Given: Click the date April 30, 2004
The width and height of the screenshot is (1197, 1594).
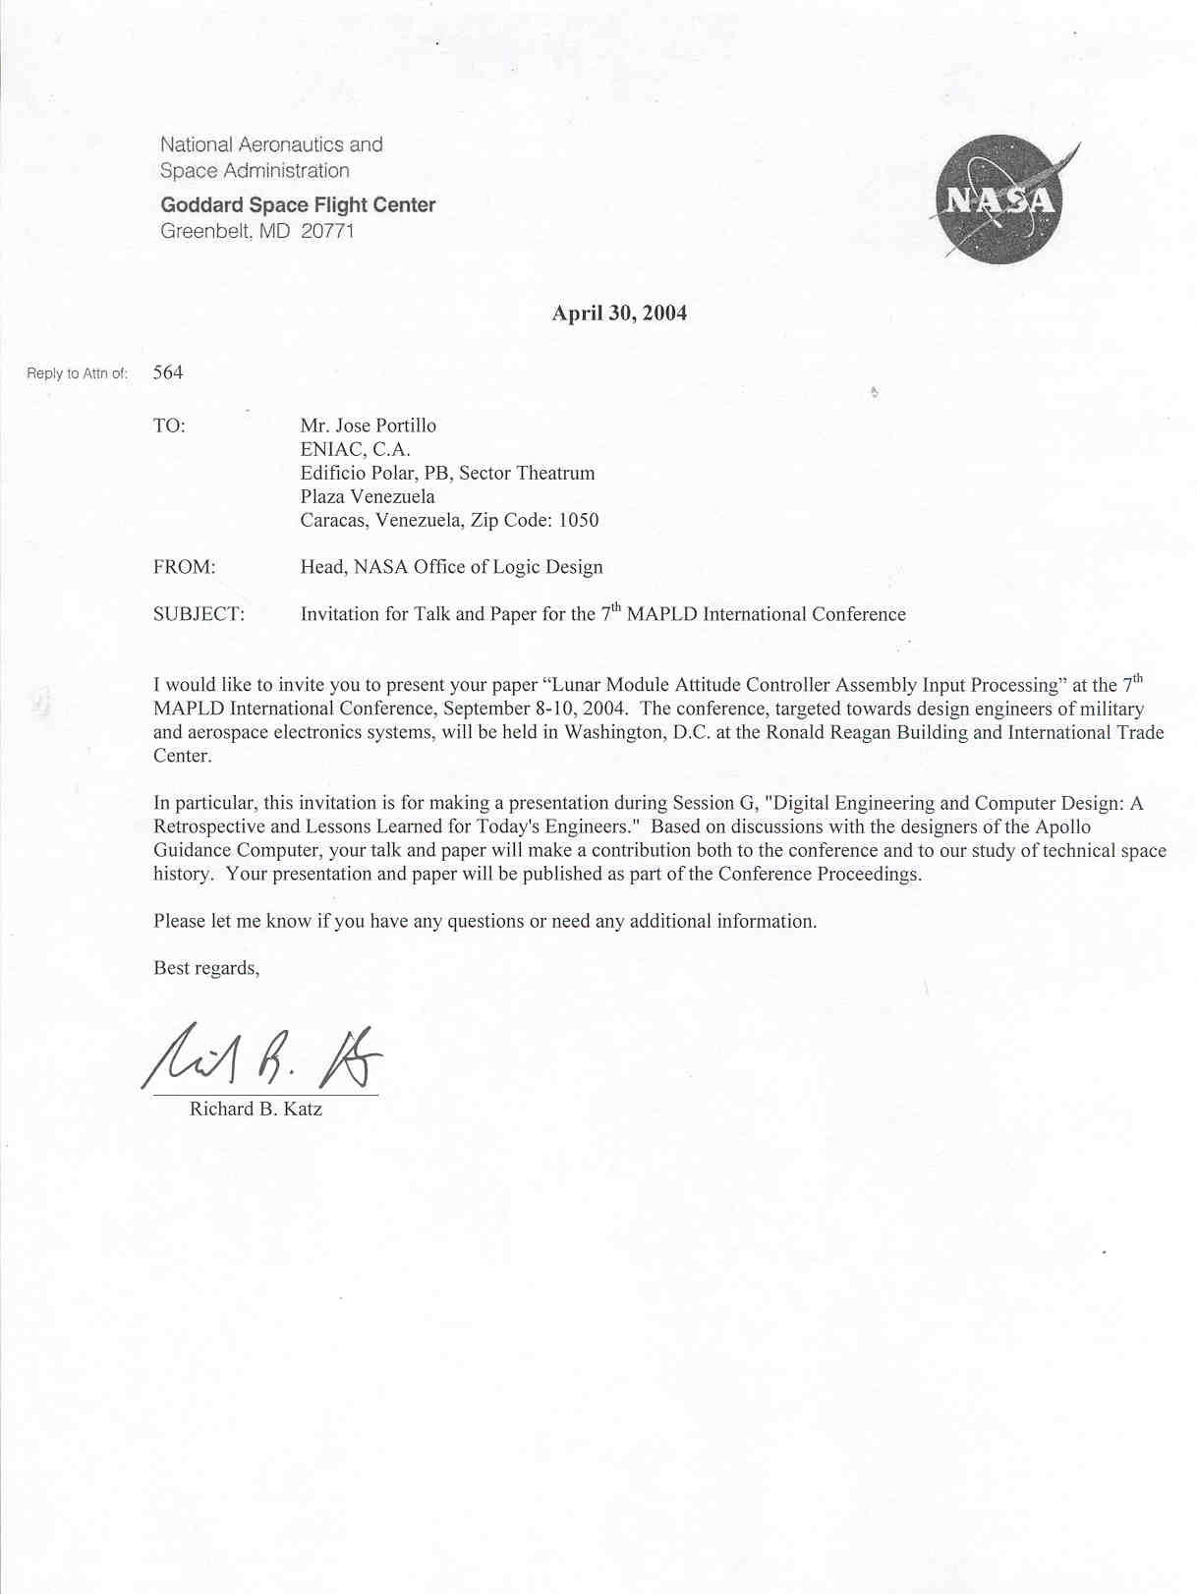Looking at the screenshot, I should pos(619,313).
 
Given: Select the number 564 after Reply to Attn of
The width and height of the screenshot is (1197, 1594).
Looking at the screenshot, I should pos(168,372).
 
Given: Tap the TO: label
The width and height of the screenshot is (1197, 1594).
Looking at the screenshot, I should pos(169,426).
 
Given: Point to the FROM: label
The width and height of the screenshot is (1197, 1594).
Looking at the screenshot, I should pos(184,567).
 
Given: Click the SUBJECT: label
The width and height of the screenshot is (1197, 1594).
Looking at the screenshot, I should pos(199,614).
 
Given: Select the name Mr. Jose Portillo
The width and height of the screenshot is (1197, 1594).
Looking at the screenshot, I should pos(369,426).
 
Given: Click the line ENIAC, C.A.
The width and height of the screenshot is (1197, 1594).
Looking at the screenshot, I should pos(355,449).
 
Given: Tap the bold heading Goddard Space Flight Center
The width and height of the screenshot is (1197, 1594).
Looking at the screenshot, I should pos(298,204).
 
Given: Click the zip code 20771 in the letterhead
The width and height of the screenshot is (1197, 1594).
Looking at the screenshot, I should pos(327,231).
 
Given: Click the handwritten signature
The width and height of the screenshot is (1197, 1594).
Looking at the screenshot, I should pos(263,1058).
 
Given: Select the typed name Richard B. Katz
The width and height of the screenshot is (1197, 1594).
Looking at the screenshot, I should pos(256,1109).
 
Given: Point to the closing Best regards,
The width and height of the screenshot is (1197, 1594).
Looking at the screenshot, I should pos(206,968).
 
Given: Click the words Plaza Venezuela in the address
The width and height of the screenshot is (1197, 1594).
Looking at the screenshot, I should pos(368,496).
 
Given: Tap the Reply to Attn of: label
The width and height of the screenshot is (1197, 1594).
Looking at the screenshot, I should pos(78,373).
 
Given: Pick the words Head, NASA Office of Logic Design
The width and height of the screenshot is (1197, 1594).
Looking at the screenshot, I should pos(451,567).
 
